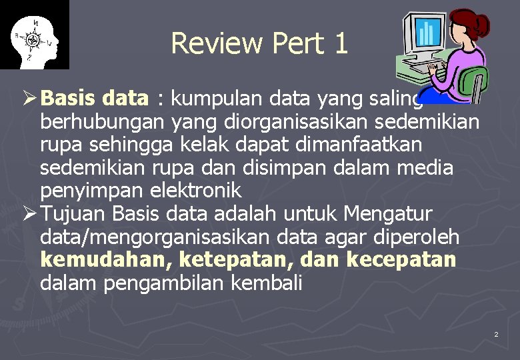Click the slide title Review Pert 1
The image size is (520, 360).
click(x=259, y=43)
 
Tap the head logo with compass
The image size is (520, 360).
click(x=34, y=35)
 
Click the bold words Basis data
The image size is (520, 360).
click(x=94, y=99)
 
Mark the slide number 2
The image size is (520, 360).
click(x=496, y=333)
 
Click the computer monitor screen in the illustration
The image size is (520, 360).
click(x=426, y=31)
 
